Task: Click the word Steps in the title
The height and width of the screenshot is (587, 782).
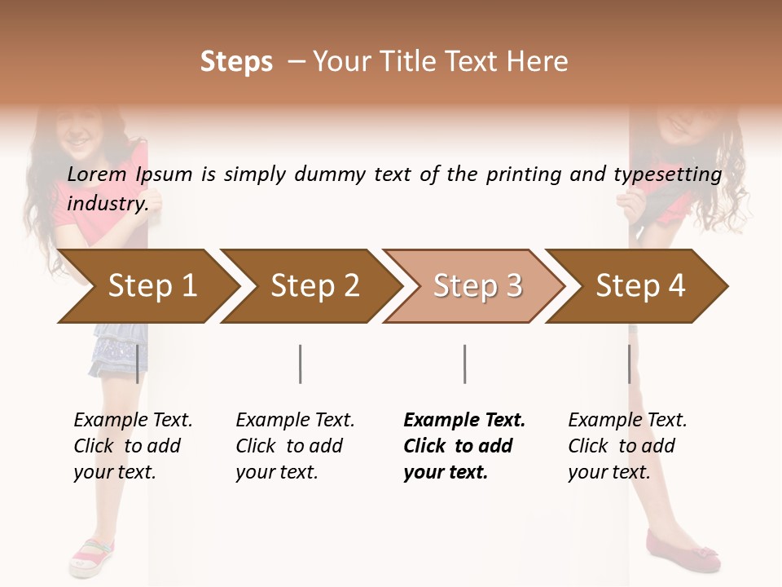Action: pyautogui.click(x=236, y=62)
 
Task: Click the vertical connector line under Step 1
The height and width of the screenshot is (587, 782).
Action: pyautogui.click(x=137, y=364)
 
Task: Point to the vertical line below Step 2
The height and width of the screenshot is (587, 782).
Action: pyautogui.click(x=301, y=364)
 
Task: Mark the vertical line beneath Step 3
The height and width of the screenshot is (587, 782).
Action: pyautogui.click(x=464, y=364)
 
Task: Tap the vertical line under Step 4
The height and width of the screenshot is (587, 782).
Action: pyautogui.click(x=629, y=364)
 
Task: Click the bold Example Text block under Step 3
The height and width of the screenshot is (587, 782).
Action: pyautogui.click(x=463, y=446)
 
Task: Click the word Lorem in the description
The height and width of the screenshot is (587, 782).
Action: pyautogui.click(x=97, y=174)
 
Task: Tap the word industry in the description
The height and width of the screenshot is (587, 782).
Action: pyautogui.click(x=108, y=204)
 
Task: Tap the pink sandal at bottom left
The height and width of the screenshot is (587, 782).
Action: pyautogui.click(x=92, y=557)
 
